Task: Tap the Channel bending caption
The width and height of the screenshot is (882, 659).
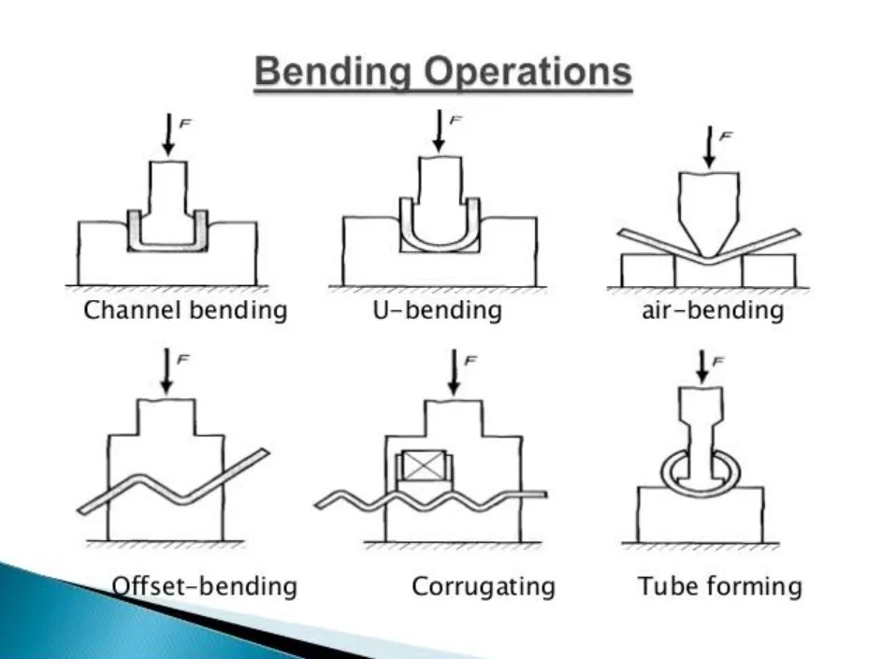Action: (x=185, y=310)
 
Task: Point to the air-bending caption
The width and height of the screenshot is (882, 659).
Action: (x=705, y=310)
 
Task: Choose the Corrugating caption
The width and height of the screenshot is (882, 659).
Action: (x=484, y=587)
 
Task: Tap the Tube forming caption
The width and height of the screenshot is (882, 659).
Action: (x=719, y=587)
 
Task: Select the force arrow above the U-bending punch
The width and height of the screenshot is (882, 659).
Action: (x=437, y=131)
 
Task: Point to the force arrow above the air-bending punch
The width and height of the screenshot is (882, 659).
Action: (x=708, y=147)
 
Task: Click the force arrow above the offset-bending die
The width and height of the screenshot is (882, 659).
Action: (x=166, y=371)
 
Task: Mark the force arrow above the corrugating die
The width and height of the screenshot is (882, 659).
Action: (x=454, y=371)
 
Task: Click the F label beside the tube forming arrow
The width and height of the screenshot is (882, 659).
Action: (x=718, y=360)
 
